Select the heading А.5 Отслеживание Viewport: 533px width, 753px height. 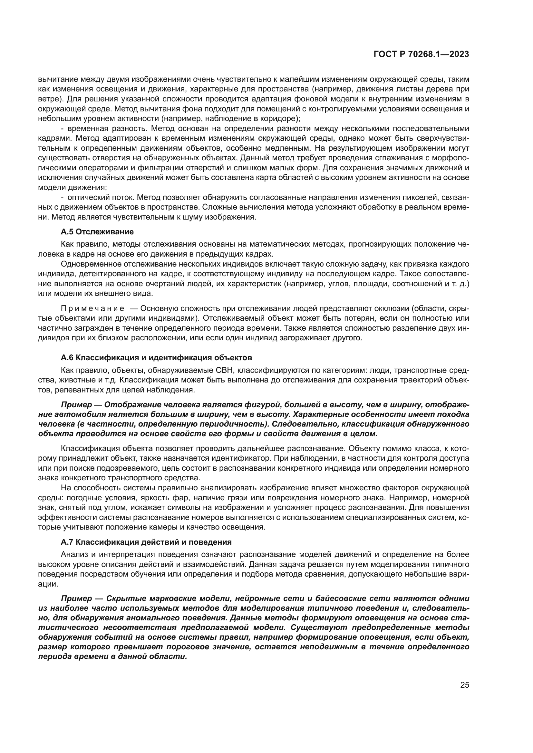97,232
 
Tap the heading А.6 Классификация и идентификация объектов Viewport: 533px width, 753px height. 156,357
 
